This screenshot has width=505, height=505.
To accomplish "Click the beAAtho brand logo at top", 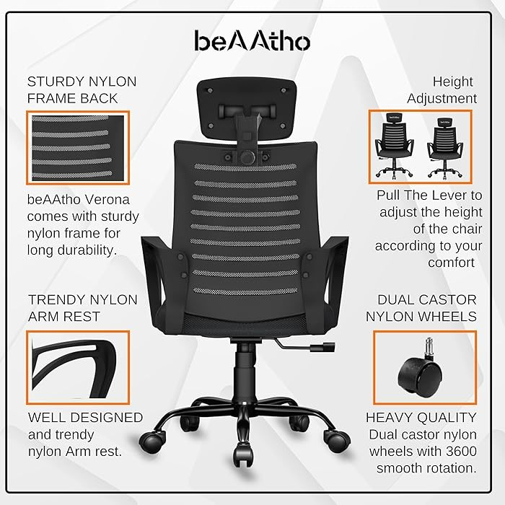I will point(252,40).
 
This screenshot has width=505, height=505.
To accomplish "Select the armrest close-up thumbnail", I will point(78,366).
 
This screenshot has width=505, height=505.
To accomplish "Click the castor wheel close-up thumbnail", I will point(425,366).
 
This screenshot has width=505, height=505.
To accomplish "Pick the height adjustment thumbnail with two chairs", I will point(421,146).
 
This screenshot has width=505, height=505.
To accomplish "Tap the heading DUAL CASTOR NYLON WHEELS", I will point(421,308).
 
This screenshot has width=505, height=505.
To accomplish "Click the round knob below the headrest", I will point(247,156).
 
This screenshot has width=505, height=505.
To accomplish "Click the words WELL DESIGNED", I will point(85,418).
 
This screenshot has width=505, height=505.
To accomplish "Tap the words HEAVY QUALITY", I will point(421,418).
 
